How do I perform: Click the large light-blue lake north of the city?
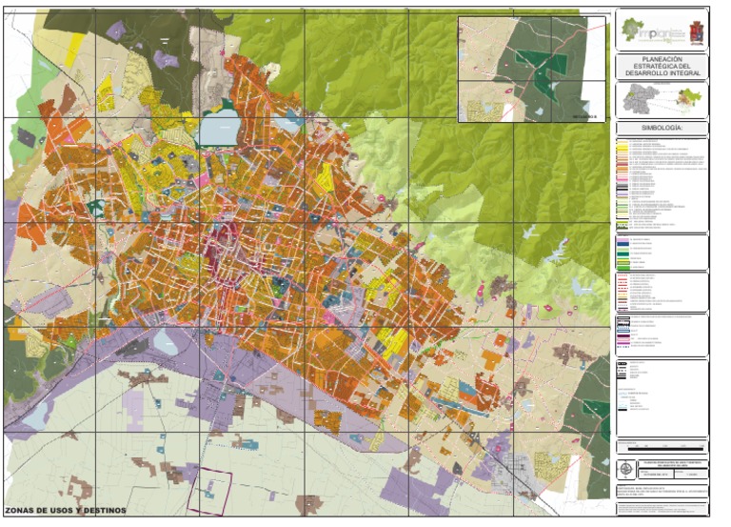(x=219, y=127)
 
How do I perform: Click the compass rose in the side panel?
(x=624, y=468)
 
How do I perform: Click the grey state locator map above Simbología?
(x=636, y=98)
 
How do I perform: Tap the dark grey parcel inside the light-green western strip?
(x=26, y=137)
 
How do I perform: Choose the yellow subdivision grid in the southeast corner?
(x=551, y=464)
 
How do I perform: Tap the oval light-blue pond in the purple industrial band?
(x=166, y=343)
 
